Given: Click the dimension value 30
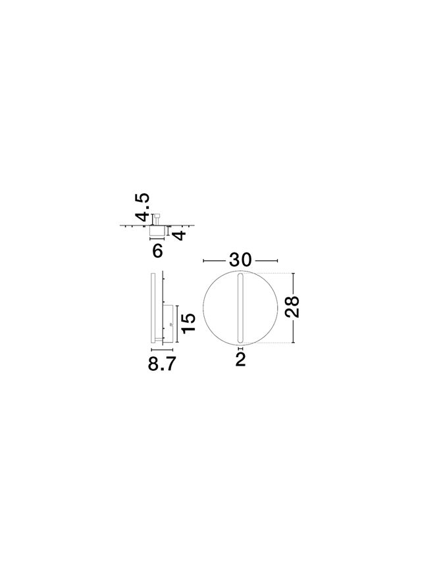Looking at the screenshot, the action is point(240,260).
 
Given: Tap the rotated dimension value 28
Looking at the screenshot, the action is point(292,306).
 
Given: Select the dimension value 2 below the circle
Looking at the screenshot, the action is point(240,359).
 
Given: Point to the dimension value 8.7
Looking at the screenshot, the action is point(162,364).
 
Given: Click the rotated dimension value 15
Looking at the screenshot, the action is point(188,323).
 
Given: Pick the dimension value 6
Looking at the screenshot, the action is point(157,251).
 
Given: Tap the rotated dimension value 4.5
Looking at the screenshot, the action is point(142,207).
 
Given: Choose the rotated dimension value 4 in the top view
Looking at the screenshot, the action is point(179,235).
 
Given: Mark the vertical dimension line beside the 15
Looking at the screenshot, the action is point(178,324).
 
